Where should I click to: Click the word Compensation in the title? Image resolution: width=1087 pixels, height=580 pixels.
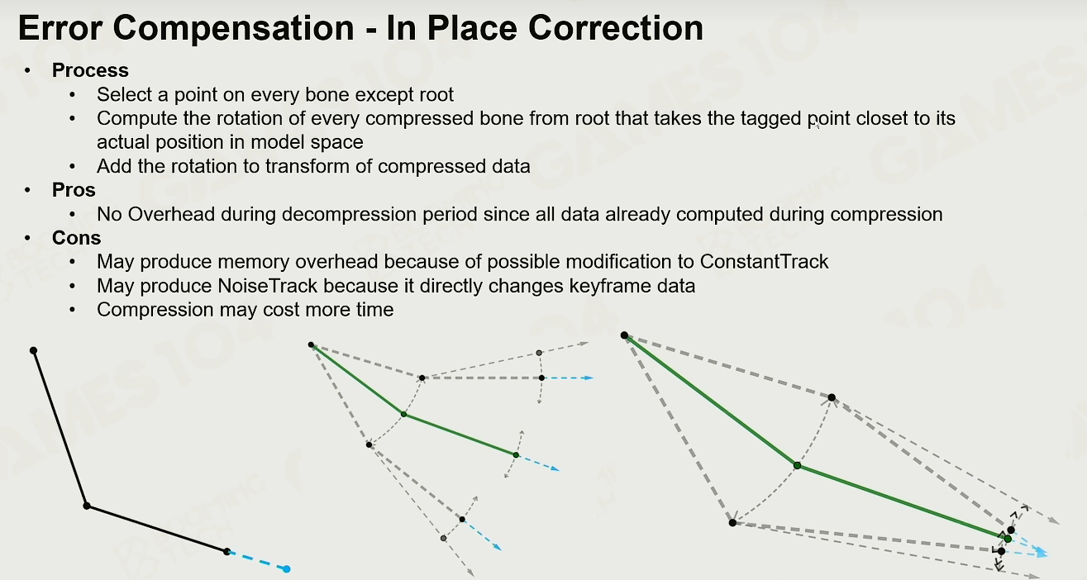pyautogui.click(x=233, y=29)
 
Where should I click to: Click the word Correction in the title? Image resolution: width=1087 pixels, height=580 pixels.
pyautogui.click(x=615, y=28)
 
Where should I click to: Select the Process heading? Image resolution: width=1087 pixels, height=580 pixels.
pyautogui.click(x=90, y=70)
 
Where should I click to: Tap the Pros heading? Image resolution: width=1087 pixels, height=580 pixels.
pyautogui.click(x=74, y=190)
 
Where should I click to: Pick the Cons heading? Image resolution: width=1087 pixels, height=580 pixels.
pyautogui.click(x=77, y=238)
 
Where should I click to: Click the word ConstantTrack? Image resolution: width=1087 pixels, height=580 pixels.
pyautogui.click(x=764, y=262)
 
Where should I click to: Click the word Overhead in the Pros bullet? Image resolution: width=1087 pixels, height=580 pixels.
pyautogui.click(x=171, y=214)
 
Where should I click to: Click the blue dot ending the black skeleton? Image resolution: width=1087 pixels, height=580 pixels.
pyautogui.click(x=286, y=568)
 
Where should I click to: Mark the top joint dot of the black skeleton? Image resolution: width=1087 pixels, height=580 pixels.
pyautogui.click(x=34, y=350)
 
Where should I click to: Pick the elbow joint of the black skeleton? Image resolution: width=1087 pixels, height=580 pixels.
pyautogui.click(x=86, y=506)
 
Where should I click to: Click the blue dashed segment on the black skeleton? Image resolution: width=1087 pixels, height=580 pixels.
pyautogui.click(x=257, y=561)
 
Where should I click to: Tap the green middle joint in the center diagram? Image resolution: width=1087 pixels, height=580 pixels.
pyautogui.click(x=403, y=414)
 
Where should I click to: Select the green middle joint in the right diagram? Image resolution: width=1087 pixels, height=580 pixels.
pyautogui.click(x=797, y=465)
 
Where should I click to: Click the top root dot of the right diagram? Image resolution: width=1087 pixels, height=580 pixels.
pyautogui.click(x=625, y=335)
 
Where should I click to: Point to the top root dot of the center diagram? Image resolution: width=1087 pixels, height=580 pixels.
pyautogui.click(x=311, y=345)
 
